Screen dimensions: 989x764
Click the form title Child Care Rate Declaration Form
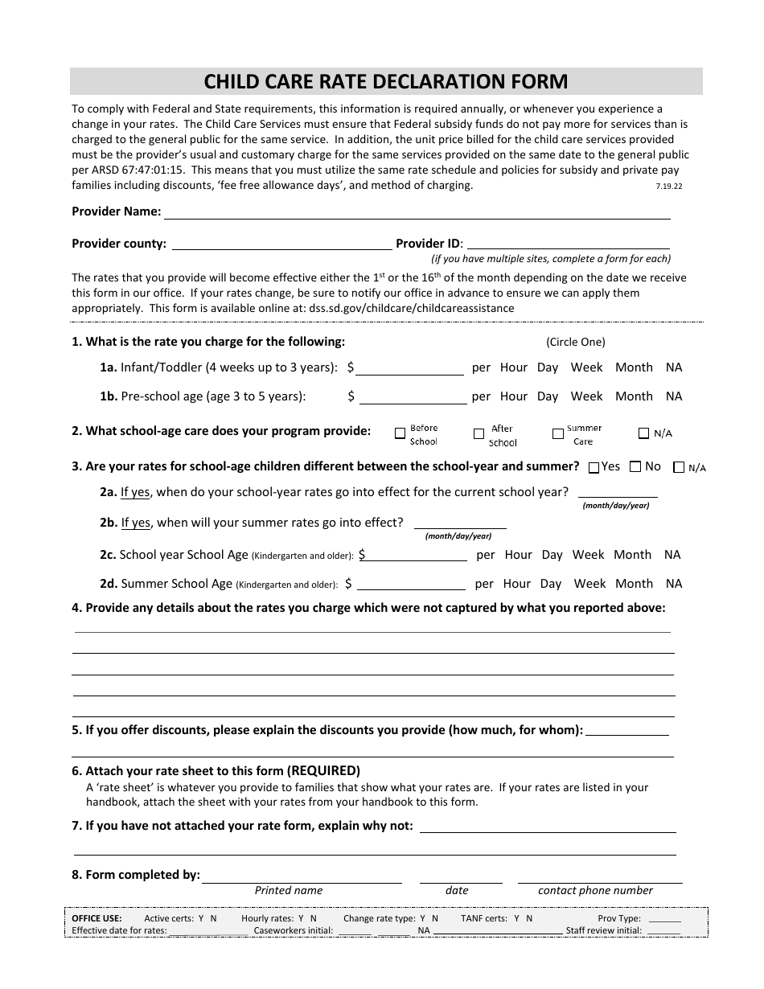386,81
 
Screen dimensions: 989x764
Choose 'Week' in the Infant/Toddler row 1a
586,367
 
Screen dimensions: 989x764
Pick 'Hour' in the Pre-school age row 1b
513,396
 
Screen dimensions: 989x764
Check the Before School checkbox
400,433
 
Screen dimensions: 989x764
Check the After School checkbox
479,433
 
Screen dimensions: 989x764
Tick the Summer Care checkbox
557,433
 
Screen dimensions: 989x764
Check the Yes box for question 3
594,467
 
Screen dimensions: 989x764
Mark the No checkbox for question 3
635,466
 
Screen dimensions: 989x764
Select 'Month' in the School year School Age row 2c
632,555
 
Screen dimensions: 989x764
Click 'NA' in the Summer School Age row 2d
674,584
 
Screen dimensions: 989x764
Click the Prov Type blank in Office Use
664,919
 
